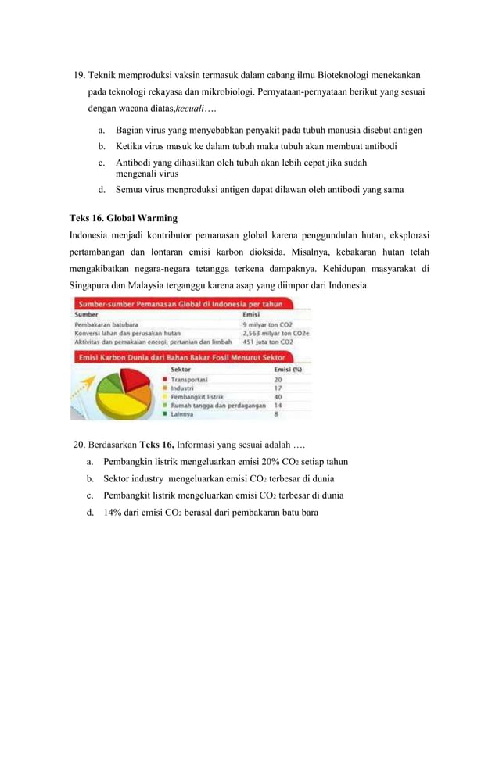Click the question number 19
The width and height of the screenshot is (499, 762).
click(x=79, y=76)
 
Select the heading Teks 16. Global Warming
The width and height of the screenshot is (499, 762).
click(x=124, y=217)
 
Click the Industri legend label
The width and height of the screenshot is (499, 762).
click(x=184, y=388)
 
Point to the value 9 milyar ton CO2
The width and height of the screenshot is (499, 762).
click(x=267, y=324)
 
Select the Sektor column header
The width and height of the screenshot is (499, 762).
click(x=181, y=370)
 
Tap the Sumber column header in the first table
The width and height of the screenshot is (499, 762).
click(x=87, y=314)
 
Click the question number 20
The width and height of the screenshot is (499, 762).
click(x=79, y=445)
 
